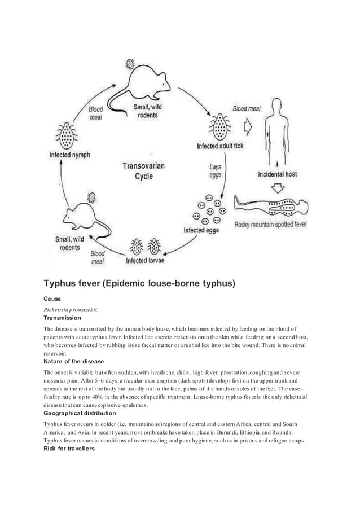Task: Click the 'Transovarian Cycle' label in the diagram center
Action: click(143, 171)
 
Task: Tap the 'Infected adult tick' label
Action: click(220, 146)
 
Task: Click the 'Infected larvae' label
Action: click(145, 261)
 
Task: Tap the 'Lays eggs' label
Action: click(215, 171)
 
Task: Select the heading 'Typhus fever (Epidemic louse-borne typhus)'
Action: click(139, 282)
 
